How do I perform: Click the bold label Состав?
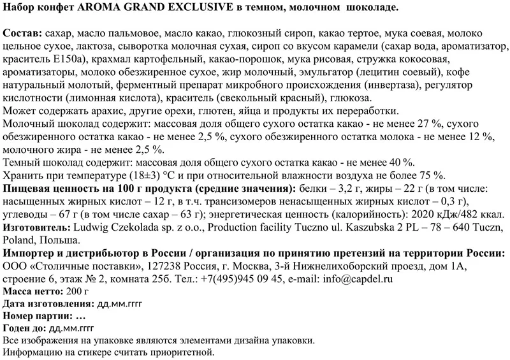point(22,32)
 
